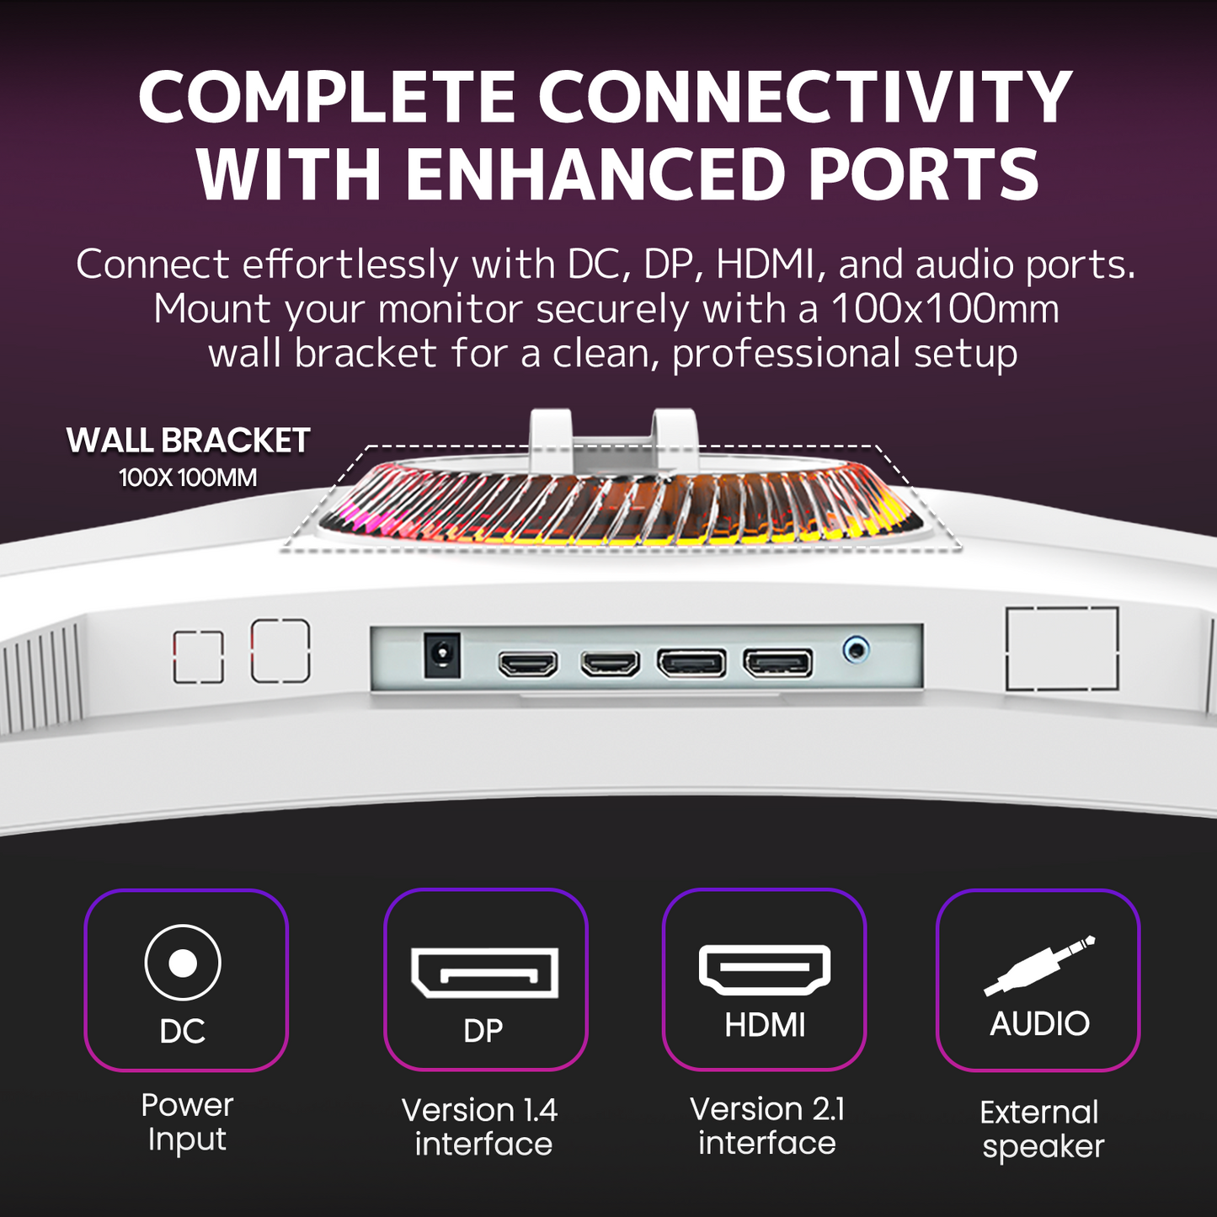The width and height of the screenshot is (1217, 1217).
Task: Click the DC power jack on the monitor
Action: coord(441,655)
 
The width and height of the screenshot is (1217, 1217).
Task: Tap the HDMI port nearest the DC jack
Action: coord(528,665)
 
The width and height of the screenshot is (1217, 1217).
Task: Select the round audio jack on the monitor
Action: coord(856,649)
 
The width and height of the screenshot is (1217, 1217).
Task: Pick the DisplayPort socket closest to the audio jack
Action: coord(777,663)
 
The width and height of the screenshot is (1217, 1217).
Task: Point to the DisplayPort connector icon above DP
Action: coord(484,974)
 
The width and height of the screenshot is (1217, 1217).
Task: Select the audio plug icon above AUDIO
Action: coord(1039,966)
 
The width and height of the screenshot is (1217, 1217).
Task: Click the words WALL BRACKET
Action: coord(188,440)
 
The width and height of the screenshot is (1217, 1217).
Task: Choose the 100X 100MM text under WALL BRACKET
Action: coord(188,478)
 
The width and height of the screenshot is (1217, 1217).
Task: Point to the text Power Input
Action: coord(187,1122)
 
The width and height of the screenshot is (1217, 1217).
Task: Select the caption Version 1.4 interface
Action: coord(481,1127)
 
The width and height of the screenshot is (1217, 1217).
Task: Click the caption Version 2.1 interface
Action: coord(767,1125)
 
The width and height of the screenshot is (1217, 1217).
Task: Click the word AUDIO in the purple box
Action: coord(1039,1024)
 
